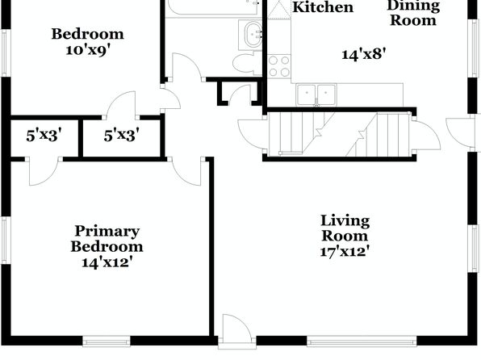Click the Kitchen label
click(323, 7)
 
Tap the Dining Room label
click(413, 13)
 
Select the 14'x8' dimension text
click(363, 55)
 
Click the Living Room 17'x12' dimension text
click(344, 252)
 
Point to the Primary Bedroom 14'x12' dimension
click(107, 262)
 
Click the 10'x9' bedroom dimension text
click(88, 50)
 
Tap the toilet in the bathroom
click(247, 63)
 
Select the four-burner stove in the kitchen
click(279, 66)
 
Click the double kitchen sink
click(316, 94)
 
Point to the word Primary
click(107, 231)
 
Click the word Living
click(345, 221)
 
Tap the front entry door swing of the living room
click(236, 329)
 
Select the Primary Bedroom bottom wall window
click(107, 341)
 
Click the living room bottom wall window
click(362, 341)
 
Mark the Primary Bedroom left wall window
click(6, 240)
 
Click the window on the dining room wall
click(475, 48)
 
